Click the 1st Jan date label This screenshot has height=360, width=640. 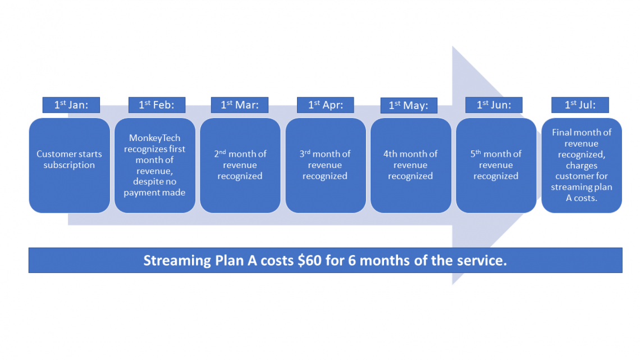click(71, 105)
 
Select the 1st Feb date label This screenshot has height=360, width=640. click(156, 105)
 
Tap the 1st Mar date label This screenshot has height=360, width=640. click(240, 105)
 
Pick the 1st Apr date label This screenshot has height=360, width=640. click(326, 105)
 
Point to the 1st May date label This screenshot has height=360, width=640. click(409, 106)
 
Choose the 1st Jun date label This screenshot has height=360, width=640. click(494, 105)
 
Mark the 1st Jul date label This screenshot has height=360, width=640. click(579, 105)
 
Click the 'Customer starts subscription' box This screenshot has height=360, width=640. click(70, 165)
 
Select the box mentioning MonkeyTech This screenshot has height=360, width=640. click(155, 165)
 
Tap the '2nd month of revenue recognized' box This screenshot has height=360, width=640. click(240, 165)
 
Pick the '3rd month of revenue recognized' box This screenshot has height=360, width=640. click(326, 165)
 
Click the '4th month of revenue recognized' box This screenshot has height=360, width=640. click(411, 165)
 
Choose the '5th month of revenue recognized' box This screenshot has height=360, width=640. click(496, 165)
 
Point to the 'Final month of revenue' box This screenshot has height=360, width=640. click(582, 165)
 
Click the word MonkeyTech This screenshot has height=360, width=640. click(155, 138)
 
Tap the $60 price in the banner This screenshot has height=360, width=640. click(310, 261)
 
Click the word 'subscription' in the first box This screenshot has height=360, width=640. click(70, 165)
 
